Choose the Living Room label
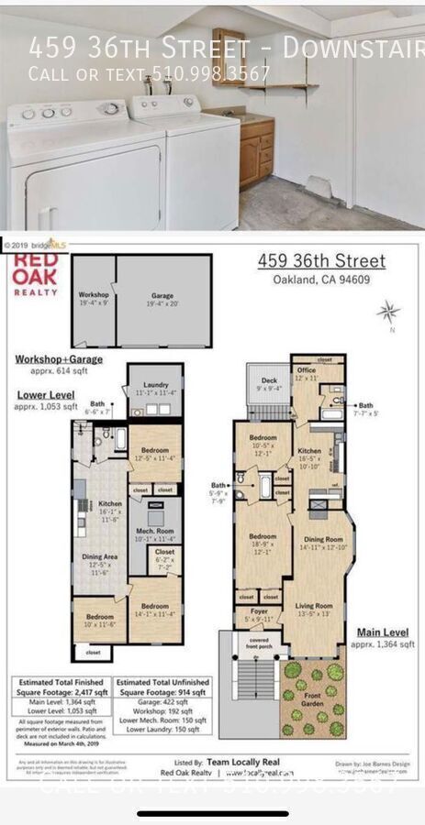coord(317,609)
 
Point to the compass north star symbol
coord(388,312)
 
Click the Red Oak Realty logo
coord(35,273)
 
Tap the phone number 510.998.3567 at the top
coord(210,73)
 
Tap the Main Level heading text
coord(382,632)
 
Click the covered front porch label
coord(259,644)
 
